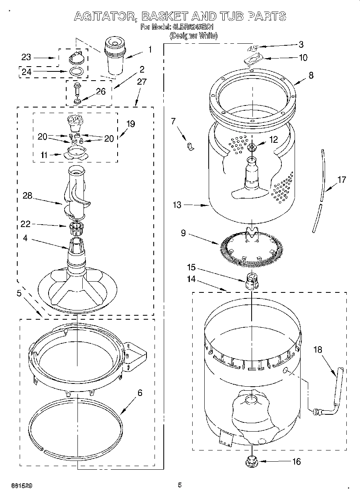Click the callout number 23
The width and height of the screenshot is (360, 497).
click(x=26, y=58)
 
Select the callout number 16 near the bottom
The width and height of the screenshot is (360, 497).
click(x=296, y=462)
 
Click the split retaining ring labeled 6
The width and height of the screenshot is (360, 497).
click(x=75, y=425)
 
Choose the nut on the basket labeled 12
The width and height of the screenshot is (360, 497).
click(x=252, y=147)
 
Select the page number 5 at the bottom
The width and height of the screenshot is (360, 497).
click(x=180, y=485)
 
